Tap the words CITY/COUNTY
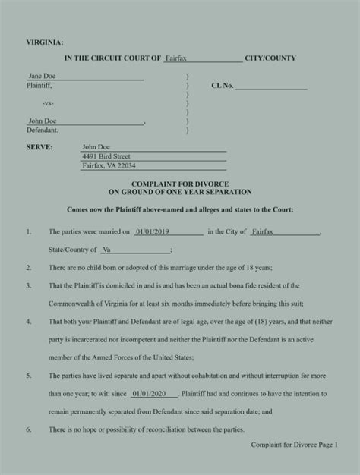point(270,58)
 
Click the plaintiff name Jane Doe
point(41,77)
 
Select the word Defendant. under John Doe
point(43,130)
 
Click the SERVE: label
point(39,147)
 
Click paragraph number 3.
point(28,286)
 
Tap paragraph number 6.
point(28,430)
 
